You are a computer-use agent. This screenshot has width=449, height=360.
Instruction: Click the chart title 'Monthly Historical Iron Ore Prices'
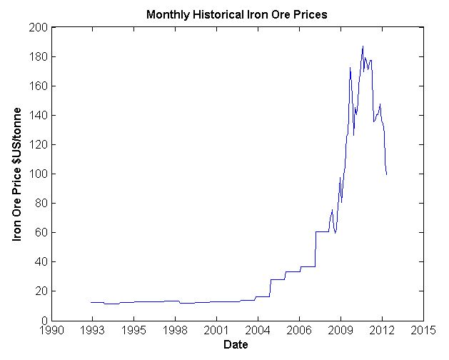click(236, 14)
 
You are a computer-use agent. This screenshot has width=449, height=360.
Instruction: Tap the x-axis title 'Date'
click(236, 345)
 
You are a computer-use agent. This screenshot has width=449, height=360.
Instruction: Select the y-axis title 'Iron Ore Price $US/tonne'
click(17, 174)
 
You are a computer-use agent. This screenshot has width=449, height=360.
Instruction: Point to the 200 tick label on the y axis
click(39, 27)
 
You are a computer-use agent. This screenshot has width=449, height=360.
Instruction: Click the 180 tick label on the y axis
click(39, 56)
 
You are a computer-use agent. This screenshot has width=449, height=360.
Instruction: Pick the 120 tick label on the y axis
click(39, 144)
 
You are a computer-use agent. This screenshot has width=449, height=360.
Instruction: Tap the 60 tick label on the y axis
click(41, 232)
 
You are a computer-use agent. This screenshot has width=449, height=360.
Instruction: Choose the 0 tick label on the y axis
click(43, 320)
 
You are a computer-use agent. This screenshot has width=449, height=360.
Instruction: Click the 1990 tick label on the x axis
click(50, 331)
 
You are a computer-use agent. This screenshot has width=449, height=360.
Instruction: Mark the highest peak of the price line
click(363, 46)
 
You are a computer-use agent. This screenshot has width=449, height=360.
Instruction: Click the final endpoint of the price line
click(387, 174)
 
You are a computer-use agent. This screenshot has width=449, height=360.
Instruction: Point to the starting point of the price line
click(91, 302)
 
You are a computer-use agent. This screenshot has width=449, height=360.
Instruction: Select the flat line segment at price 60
click(322, 231)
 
